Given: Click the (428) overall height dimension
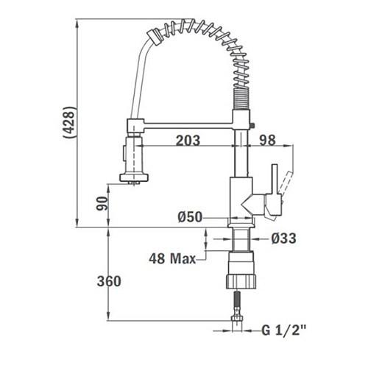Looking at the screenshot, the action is (x=68, y=123).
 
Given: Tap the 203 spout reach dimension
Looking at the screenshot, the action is (x=188, y=141).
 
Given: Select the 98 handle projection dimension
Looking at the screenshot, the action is (x=268, y=140).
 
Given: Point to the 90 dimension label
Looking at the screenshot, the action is (x=102, y=203).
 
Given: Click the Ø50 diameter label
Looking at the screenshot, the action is (x=190, y=217).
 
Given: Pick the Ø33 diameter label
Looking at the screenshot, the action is (x=283, y=238).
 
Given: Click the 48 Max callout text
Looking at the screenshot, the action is (x=172, y=258).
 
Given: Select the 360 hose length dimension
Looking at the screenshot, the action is (x=109, y=281).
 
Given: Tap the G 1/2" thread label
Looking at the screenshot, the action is (x=284, y=330).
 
